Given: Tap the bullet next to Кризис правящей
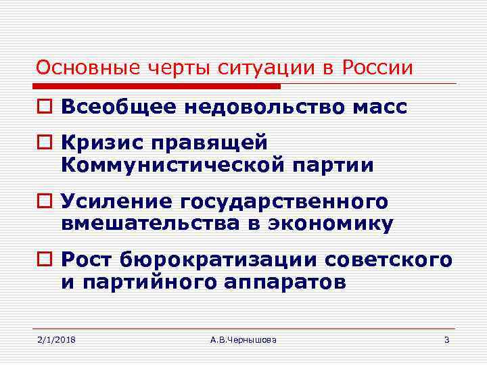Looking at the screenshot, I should (x=44, y=144).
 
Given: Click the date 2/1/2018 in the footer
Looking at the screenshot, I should (x=56, y=339).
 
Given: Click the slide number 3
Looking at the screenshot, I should (x=446, y=339).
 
